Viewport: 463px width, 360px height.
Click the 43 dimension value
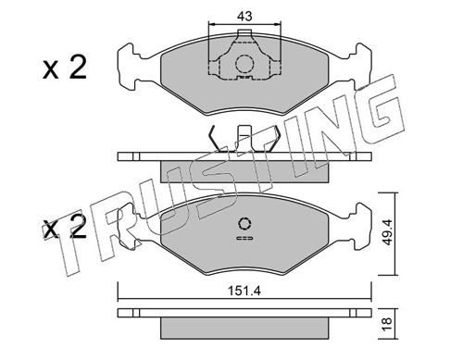coord(244,16)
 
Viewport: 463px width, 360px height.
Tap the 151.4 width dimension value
coord(244,291)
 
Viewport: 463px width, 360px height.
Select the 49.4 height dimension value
coord(386,232)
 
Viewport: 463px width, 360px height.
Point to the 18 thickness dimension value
coord(387,324)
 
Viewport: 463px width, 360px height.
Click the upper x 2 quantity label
coord(65,68)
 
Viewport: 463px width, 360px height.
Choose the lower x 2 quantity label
coord(65,228)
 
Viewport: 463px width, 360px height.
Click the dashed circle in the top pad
coord(244,64)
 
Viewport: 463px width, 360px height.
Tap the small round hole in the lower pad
coord(244,224)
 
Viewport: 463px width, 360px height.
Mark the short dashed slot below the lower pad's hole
coord(244,238)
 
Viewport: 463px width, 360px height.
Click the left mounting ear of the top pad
coord(128,68)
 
